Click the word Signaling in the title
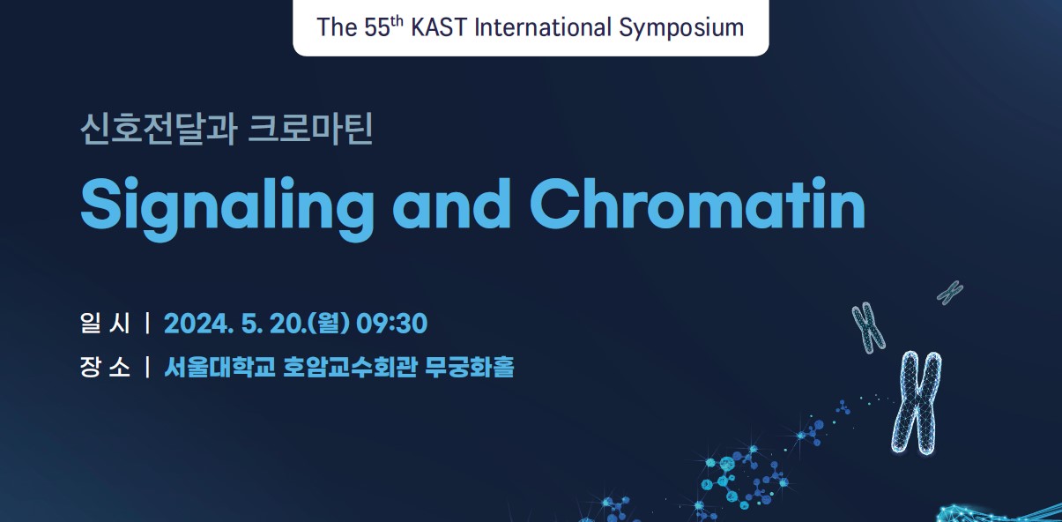[x=227, y=209]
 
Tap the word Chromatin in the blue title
[x=697, y=204]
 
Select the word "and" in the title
[x=451, y=204]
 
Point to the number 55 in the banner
[x=377, y=27]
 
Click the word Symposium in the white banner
[x=681, y=28]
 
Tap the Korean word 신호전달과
[x=159, y=129]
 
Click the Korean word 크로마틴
[x=310, y=129]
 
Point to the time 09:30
[x=391, y=324]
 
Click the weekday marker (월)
[x=329, y=324]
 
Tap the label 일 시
[x=105, y=324]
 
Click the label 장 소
[x=105, y=367]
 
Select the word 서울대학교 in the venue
[x=219, y=367]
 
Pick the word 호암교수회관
[x=350, y=367]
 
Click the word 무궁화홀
[x=470, y=367]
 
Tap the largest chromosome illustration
[x=917, y=402]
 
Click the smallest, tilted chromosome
[x=950, y=293]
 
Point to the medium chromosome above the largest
[x=869, y=327]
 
